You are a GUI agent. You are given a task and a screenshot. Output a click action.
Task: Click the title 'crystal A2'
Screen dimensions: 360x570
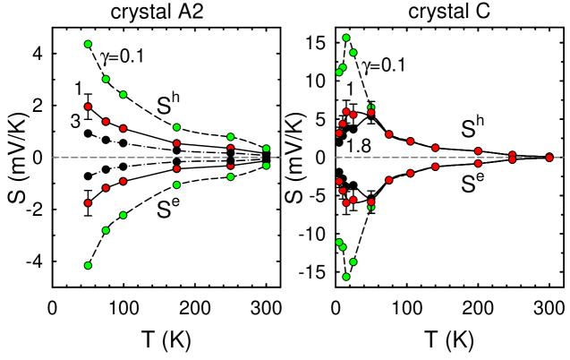click(166, 12)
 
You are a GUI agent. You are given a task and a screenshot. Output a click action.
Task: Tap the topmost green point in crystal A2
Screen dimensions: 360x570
click(88, 44)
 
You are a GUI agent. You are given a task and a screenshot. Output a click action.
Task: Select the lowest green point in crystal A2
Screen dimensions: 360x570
click(88, 265)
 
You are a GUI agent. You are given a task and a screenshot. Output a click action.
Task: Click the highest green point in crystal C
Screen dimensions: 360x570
click(346, 38)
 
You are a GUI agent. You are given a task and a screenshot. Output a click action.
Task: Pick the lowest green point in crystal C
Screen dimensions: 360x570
click(346, 277)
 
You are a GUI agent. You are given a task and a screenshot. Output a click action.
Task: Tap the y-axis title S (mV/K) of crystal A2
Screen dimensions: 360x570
click(13, 157)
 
